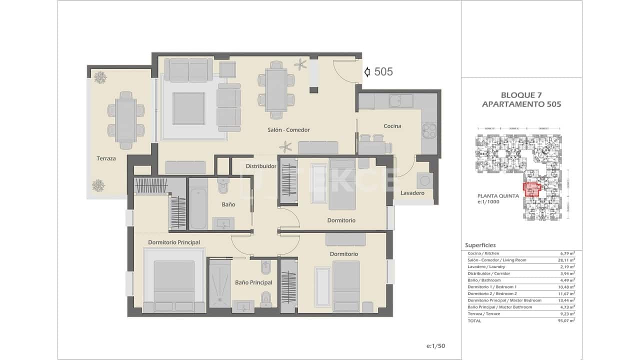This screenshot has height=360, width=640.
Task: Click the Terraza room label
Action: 106,158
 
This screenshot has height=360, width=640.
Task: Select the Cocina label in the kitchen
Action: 392,126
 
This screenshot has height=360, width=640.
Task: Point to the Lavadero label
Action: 412,193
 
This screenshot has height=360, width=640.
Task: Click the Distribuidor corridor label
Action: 261,166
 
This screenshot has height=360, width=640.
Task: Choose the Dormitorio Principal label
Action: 174,242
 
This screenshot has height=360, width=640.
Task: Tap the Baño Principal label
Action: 253,282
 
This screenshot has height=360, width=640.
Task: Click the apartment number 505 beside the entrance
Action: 383,72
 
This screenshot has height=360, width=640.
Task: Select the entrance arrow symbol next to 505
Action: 367,72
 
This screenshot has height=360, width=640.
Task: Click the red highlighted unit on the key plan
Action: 531,189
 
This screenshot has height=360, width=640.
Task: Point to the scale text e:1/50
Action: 435,346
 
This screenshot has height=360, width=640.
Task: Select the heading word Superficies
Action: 480,245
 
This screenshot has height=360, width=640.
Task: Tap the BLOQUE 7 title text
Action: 521,95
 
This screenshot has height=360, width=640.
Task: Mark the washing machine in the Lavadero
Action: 424,179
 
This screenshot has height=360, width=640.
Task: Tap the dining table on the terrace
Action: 125,120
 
